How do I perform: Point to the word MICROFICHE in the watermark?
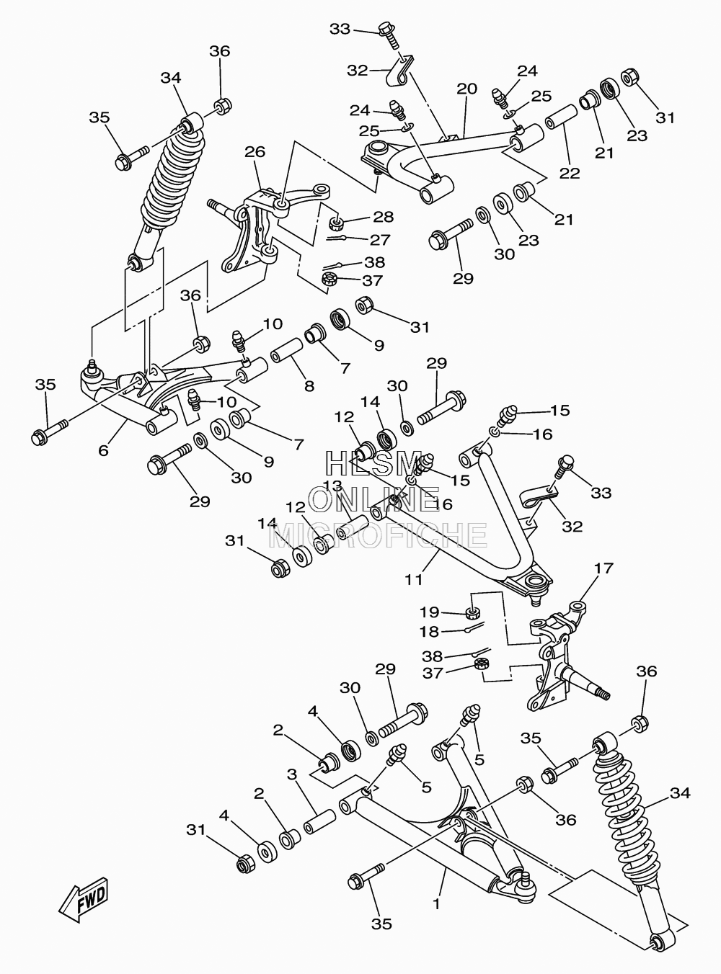tap(378, 535)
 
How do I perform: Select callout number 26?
tap(255, 152)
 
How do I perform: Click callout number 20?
tap(467, 89)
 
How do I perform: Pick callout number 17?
tap(603, 568)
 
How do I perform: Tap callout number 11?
tap(413, 580)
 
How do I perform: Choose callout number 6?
tap(103, 450)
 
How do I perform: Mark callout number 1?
tap(436, 903)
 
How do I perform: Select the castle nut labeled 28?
tap(336, 224)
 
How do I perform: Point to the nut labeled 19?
tap(473, 612)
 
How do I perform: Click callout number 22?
tap(570, 174)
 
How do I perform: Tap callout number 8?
tap(309, 386)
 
